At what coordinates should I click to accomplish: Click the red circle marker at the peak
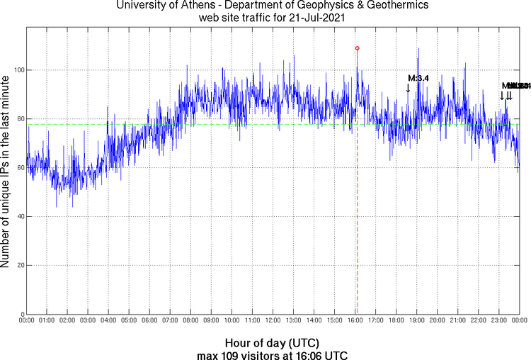point(357,48)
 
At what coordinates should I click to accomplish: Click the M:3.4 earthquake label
point(418,78)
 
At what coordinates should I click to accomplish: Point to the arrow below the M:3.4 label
point(408,88)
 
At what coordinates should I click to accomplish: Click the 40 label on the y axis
point(20,217)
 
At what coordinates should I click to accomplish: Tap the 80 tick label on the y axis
point(20,119)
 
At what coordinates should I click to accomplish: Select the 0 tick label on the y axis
point(22,314)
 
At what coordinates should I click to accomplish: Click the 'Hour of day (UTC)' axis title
point(272,342)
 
